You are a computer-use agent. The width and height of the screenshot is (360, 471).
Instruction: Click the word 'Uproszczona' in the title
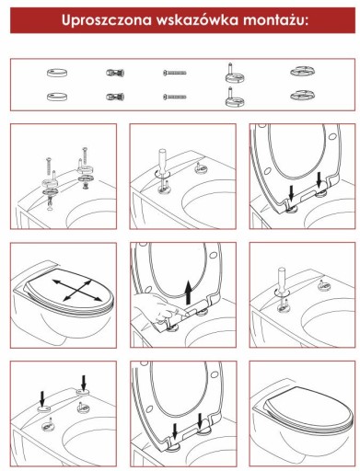(x=107, y=20)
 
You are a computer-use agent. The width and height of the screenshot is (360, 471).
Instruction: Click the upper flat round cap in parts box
(x=57, y=73)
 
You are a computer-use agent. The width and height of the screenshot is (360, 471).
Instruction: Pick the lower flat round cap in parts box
(x=57, y=97)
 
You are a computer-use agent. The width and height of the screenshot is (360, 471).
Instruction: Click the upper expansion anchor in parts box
(x=115, y=73)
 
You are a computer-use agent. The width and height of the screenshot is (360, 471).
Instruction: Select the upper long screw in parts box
(x=174, y=73)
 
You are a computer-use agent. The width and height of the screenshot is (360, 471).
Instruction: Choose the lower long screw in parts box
(x=174, y=97)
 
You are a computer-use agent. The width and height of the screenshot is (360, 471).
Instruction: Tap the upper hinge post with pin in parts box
(x=235, y=73)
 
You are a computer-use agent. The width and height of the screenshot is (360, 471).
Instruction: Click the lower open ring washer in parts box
(x=303, y=96)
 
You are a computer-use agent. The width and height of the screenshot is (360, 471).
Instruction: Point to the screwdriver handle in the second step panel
(x=162, y=159)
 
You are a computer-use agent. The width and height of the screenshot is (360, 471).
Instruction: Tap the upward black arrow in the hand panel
(x=189, y=293)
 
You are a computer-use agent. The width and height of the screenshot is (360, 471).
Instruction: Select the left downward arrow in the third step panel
(x=292, y=194)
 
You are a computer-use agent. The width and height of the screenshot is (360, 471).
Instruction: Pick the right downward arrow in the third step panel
(x=319, y=179)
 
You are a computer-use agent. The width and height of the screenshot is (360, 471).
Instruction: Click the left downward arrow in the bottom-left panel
(x=42, y=398)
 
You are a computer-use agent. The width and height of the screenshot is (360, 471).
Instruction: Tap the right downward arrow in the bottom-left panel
(x=84, y=382)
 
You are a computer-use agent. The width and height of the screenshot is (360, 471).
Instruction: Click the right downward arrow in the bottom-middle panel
(x=200, y=421)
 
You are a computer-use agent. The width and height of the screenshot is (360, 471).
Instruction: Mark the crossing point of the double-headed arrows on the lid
(x=75, y=290)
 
